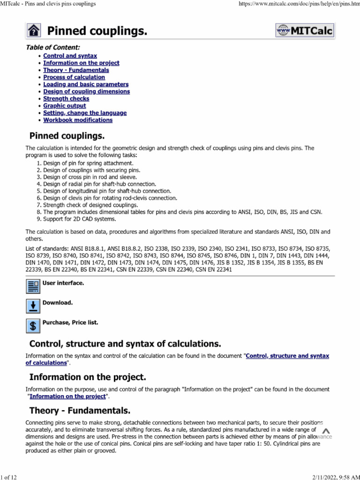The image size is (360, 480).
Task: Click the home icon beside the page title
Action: pyautogui.click(x=34, y=31)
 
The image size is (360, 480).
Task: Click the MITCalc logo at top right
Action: pyautogui.click(x=305, y=30)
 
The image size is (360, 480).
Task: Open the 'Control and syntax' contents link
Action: pyautogui.click(x=70, y=56)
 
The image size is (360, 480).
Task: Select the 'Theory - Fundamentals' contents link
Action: pyautogui.click(x=76, y=70)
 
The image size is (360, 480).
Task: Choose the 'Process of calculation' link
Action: pyautogui.click(x=74, y=77)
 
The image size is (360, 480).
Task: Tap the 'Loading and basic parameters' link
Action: pyautogui.click(x=86, y=84)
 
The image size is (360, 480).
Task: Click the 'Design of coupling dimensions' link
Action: pyautogui.click(x=86, y=91)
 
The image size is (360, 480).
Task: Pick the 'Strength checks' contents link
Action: pyautogui.click(x=66, y=99)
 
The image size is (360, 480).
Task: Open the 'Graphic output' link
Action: pyautogui.click(x=65, y=106)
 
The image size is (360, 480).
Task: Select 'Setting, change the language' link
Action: pyautogui.click(x=85, y=113)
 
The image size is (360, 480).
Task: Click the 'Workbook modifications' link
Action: pyautogui.click(x=78, y=120)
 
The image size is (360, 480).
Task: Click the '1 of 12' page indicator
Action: pyautogui.click(x=9, y=477)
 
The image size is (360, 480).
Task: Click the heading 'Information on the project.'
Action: pyautogui.click(x=88, y=377)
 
